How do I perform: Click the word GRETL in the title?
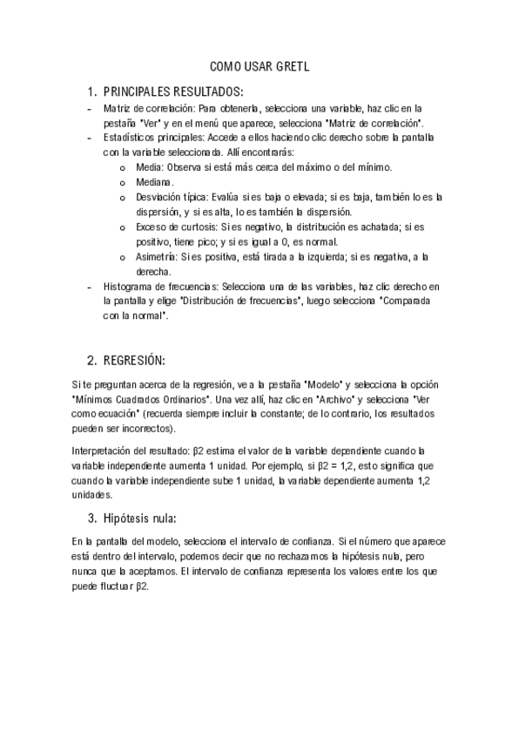[x=293, y=66]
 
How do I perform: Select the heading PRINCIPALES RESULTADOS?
[x=173, y=92]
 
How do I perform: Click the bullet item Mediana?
[x=160, y=182]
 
